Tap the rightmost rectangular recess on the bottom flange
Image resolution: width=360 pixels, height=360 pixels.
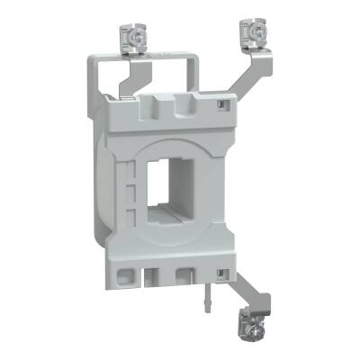pyautogui.click(x=188, y=274)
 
